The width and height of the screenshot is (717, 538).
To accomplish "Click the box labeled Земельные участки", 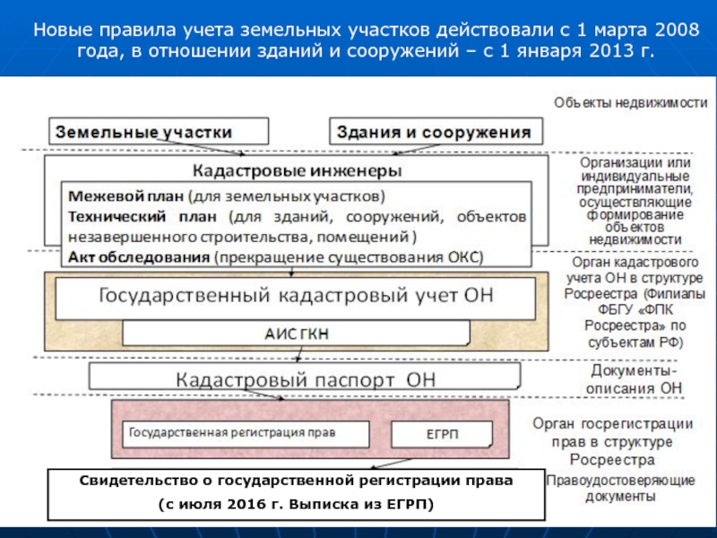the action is [x=159, y=131].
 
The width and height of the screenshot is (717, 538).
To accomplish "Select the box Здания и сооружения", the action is [x=436, y=131].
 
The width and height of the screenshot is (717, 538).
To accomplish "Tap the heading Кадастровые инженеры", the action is [x=297, y=170].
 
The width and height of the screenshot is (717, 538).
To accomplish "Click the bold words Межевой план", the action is [x=125, y=196].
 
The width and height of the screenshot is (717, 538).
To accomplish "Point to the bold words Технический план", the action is [x=143, y=216].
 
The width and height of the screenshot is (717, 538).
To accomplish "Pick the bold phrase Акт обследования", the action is [x=139, y=257].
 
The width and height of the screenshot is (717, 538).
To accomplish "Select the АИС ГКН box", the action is [x=296, y=333].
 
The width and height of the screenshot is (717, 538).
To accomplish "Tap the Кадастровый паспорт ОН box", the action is [x=305, y=377].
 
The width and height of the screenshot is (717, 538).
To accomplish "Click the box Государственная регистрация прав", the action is [x=246, y=434].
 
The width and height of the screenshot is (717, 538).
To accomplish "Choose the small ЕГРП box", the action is [x=442, y=434].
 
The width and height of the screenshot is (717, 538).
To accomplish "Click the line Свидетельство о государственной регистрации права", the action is [x=297, y=481].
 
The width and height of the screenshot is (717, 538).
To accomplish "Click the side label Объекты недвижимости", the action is [x=631, y=103].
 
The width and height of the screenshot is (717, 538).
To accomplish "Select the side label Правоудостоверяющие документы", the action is [x=620, y=488].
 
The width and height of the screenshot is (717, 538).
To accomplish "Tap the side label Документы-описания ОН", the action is [x=634, y=379].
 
